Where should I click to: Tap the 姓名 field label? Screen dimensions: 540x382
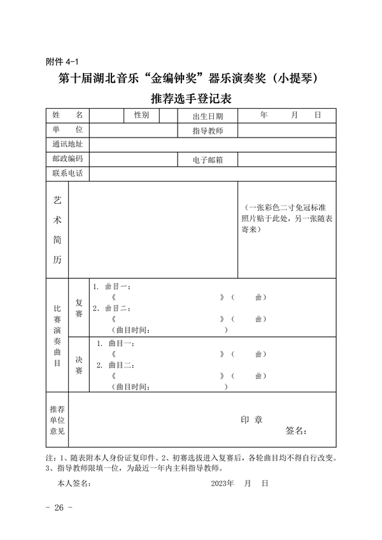click(x=67, y=115)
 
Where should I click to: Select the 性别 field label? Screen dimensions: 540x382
click(x=141, y=115)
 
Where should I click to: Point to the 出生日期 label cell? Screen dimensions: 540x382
click(x=208, y=116)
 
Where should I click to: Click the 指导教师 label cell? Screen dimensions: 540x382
click(x=208, y=131)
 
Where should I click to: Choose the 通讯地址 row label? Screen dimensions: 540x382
click(x=67, y=145)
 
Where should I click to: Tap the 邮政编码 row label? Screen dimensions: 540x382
click(x=67, y=159)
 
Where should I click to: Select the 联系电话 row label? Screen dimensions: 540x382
click(x=67, y=173)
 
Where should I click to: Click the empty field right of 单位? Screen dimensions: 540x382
click(x=133, y=130)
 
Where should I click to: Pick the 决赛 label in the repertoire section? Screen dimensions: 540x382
click(x=79, y=365)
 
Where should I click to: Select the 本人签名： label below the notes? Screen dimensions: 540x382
click(x=74, y=483)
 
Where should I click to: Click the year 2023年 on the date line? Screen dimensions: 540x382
click(x=223, y=483)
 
